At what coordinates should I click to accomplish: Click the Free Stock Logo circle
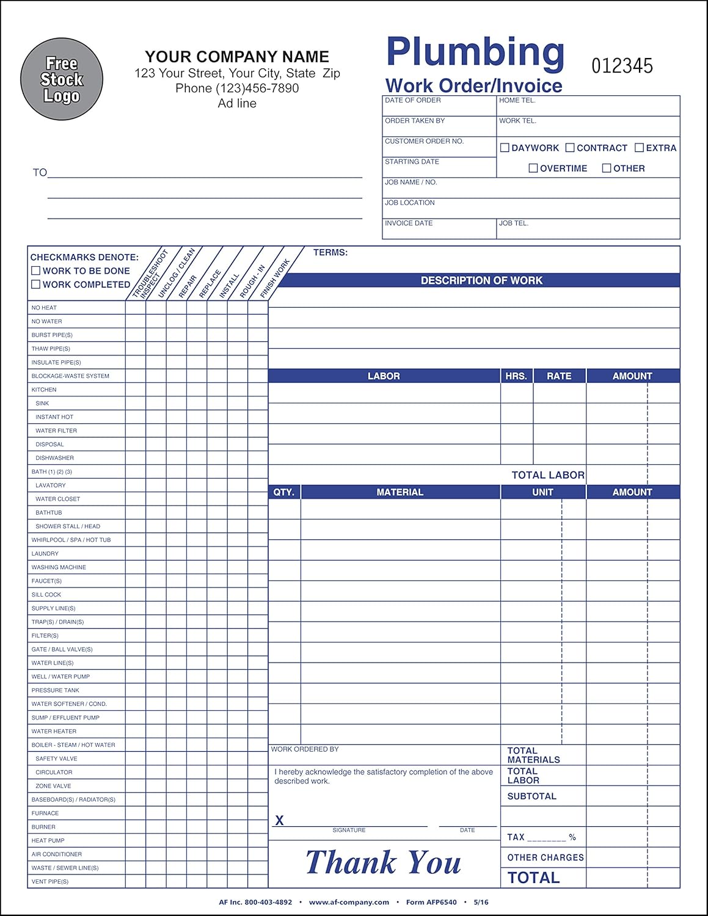point(62,79)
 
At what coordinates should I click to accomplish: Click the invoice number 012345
point(622,66)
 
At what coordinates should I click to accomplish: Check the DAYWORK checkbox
point(505,148)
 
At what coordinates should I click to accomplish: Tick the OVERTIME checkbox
point(533,168)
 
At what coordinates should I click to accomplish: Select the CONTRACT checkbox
point(570,148)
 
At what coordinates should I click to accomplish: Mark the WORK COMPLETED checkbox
point(36,285)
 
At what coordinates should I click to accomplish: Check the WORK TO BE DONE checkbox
point(36,271)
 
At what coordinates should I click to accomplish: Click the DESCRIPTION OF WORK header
point(481,280)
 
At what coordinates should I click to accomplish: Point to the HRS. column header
point(516,376)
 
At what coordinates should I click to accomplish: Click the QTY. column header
point(284,492)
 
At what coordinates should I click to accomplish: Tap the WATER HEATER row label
point(54,731)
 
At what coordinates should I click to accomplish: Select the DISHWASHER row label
point(54,458)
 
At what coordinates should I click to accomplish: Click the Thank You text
point(383,862)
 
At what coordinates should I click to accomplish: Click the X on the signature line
point(279,820)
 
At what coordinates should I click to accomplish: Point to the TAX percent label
point(541,837)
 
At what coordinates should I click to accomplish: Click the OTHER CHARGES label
point(546,857)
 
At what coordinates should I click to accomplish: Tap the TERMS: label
point(330,252)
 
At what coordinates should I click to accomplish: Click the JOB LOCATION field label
point(410,203)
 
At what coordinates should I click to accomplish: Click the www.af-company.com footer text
point(349,902)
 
